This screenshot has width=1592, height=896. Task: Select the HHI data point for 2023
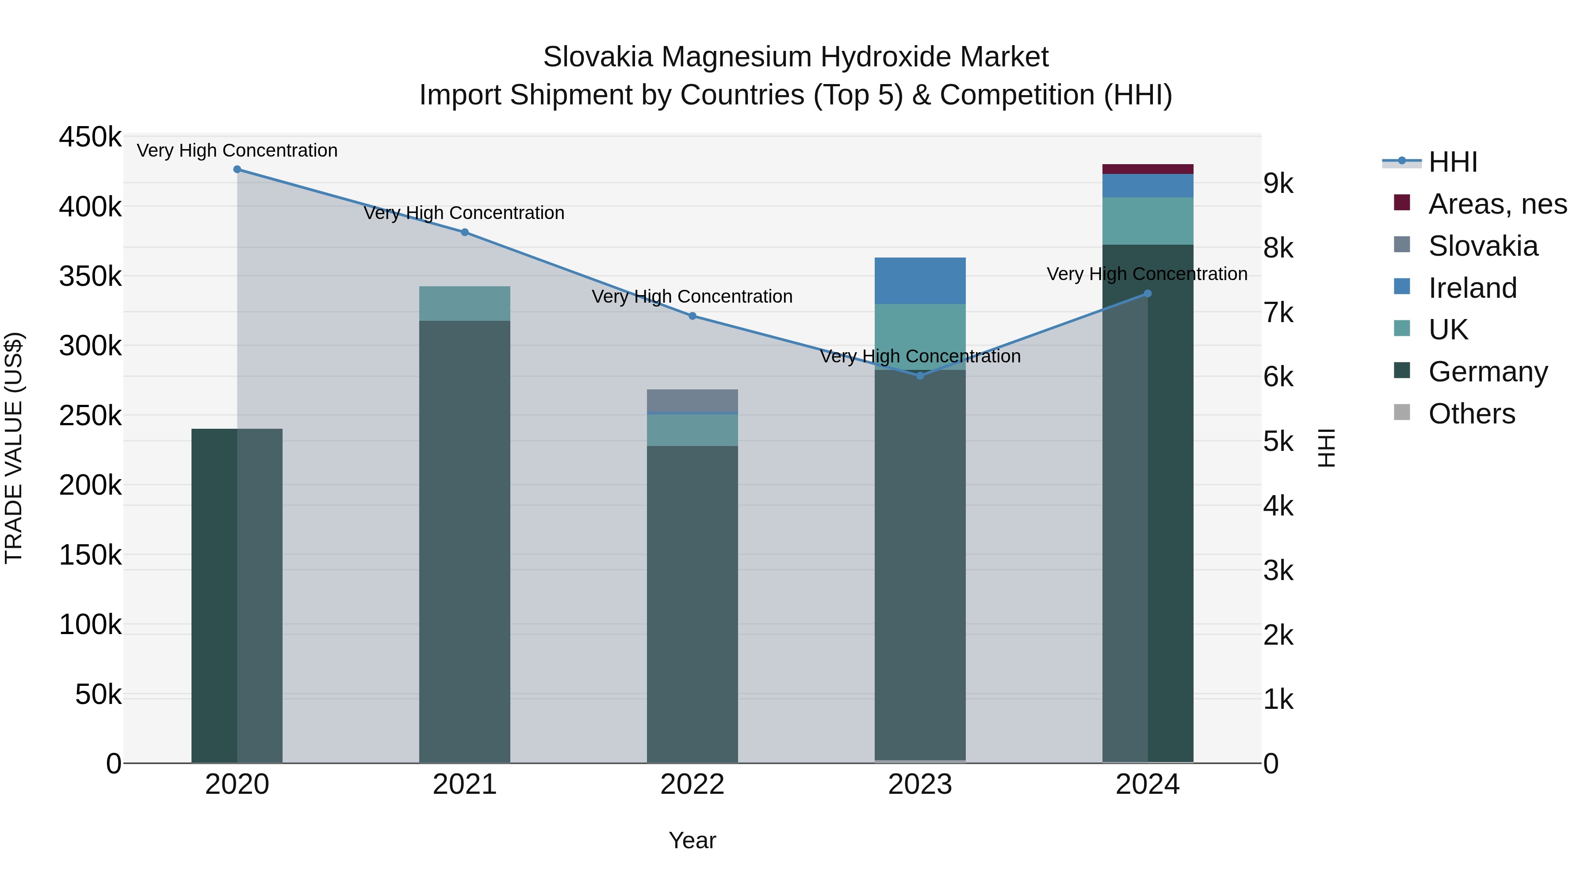(920, 375)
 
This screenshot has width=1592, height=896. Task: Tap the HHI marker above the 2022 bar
(692, 316)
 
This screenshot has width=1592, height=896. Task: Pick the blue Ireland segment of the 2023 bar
(920, 280)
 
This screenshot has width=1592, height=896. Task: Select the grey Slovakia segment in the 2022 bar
(692, 400)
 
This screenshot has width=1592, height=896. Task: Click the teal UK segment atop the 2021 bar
(464, 303)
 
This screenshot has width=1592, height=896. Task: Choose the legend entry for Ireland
(1472, 288)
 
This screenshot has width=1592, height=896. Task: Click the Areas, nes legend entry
(1497, 204)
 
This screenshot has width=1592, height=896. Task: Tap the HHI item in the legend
(1452, 162)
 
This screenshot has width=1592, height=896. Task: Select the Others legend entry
(1471, 414)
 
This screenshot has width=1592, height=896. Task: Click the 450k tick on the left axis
(90, 137)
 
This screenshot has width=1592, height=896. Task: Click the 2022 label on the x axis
(692, 784)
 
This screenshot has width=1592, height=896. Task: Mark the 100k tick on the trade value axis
(90, 624)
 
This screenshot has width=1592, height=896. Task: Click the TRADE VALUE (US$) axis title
(14, 448)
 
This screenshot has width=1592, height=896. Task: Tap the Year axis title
(692, 840)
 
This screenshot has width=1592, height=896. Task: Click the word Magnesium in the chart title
(735, 57)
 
